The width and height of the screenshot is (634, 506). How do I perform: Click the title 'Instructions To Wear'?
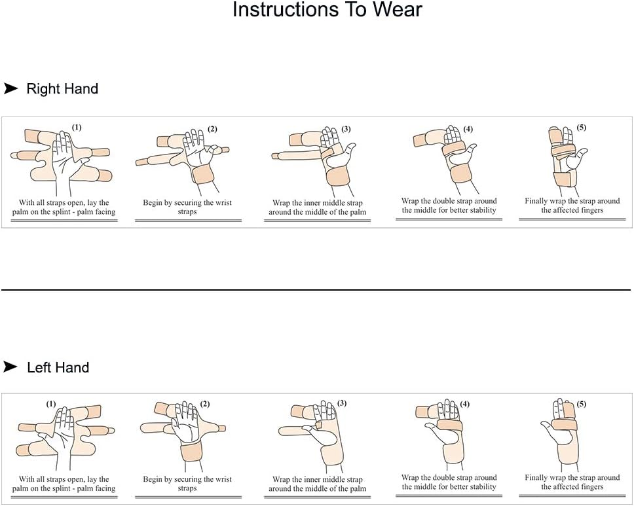pyautogui.click(x=327, y=10)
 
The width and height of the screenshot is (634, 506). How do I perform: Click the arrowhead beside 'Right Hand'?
pyautogui.click(x=10, y=88)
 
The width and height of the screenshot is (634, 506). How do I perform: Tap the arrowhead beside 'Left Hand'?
pyautogui.click(x=10, y=367)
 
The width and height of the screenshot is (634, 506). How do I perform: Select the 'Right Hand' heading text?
pyautogui.click(x=62, y=89)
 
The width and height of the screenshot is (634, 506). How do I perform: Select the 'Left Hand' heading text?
pyautogui.click(x=58, y=368)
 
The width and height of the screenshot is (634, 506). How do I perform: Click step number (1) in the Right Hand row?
pyautogui.click(x=77, y=127)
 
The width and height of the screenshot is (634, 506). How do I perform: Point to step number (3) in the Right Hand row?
pyautogui.click(x=346, y=129)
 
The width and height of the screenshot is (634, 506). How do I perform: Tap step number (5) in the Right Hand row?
pyautogui.click(x=582, y=127)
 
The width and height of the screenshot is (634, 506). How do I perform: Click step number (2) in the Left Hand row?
pyautogui.click(x=204, y=404)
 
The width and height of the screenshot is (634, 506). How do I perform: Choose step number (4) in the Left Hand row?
pyautogui.click(x=464, y=404)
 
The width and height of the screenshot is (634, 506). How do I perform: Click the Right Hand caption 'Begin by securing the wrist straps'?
pyautogui.click(x=188, y=208)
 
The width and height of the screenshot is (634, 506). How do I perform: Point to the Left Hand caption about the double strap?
pyautogui.click(x=449, y=482)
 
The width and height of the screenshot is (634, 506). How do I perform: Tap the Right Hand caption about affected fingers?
pyautogui.click(x=572, y=206)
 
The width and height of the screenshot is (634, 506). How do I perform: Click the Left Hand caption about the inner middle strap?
pyautogui.click(x=317, y=484)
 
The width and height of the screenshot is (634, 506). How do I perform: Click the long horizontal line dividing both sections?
pyautogui.click(x=316, y=289)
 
